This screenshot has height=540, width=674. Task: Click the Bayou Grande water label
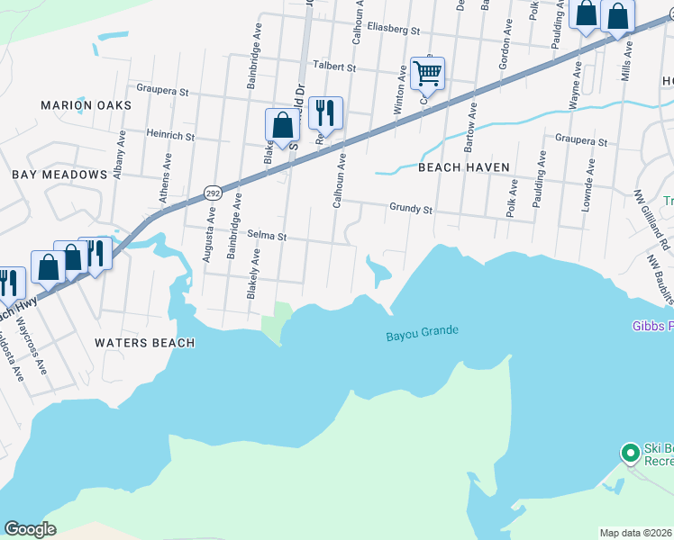[422, 332]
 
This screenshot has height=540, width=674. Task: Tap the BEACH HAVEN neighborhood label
[464, 167]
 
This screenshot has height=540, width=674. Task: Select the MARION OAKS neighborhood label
[86, 105]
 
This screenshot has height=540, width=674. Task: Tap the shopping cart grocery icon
[428, 73]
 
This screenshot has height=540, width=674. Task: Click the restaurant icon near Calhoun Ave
[325, 113]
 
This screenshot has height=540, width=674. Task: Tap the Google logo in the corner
[30, 528]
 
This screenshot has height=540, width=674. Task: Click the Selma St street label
[267, 237]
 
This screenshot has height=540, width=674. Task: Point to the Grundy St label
[411, 209]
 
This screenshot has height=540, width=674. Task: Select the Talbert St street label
[333, 67]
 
